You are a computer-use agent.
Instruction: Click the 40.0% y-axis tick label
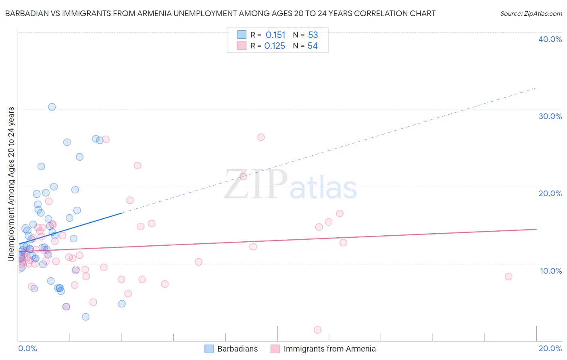(550, 39)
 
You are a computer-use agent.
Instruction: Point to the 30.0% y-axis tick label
(550, 116)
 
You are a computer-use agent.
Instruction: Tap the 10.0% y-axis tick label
(550, 271)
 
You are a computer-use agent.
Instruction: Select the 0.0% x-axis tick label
(27, 348)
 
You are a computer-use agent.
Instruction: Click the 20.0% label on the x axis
(550, 348)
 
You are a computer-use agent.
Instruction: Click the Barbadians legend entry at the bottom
(237, 349)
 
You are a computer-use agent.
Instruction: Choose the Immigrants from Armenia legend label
(329, 349)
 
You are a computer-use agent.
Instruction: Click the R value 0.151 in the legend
(275, 35)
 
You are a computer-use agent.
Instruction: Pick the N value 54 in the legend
(313, 46)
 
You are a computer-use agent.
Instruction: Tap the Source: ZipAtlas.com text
(531, 13)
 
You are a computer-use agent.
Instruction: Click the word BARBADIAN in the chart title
(26, 13)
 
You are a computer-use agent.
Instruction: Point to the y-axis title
(11, 184)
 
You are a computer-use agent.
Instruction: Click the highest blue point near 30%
(52, 107)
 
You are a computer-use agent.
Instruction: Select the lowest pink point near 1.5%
(317, 330)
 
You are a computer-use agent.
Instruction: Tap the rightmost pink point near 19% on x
(509, 276)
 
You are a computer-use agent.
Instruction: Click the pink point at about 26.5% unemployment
(261, 137)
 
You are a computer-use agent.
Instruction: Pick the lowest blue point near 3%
(85, 317)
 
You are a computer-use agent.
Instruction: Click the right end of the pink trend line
(536, 229)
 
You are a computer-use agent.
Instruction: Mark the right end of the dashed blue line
(536, 88)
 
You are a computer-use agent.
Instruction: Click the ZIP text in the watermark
(256, 184)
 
